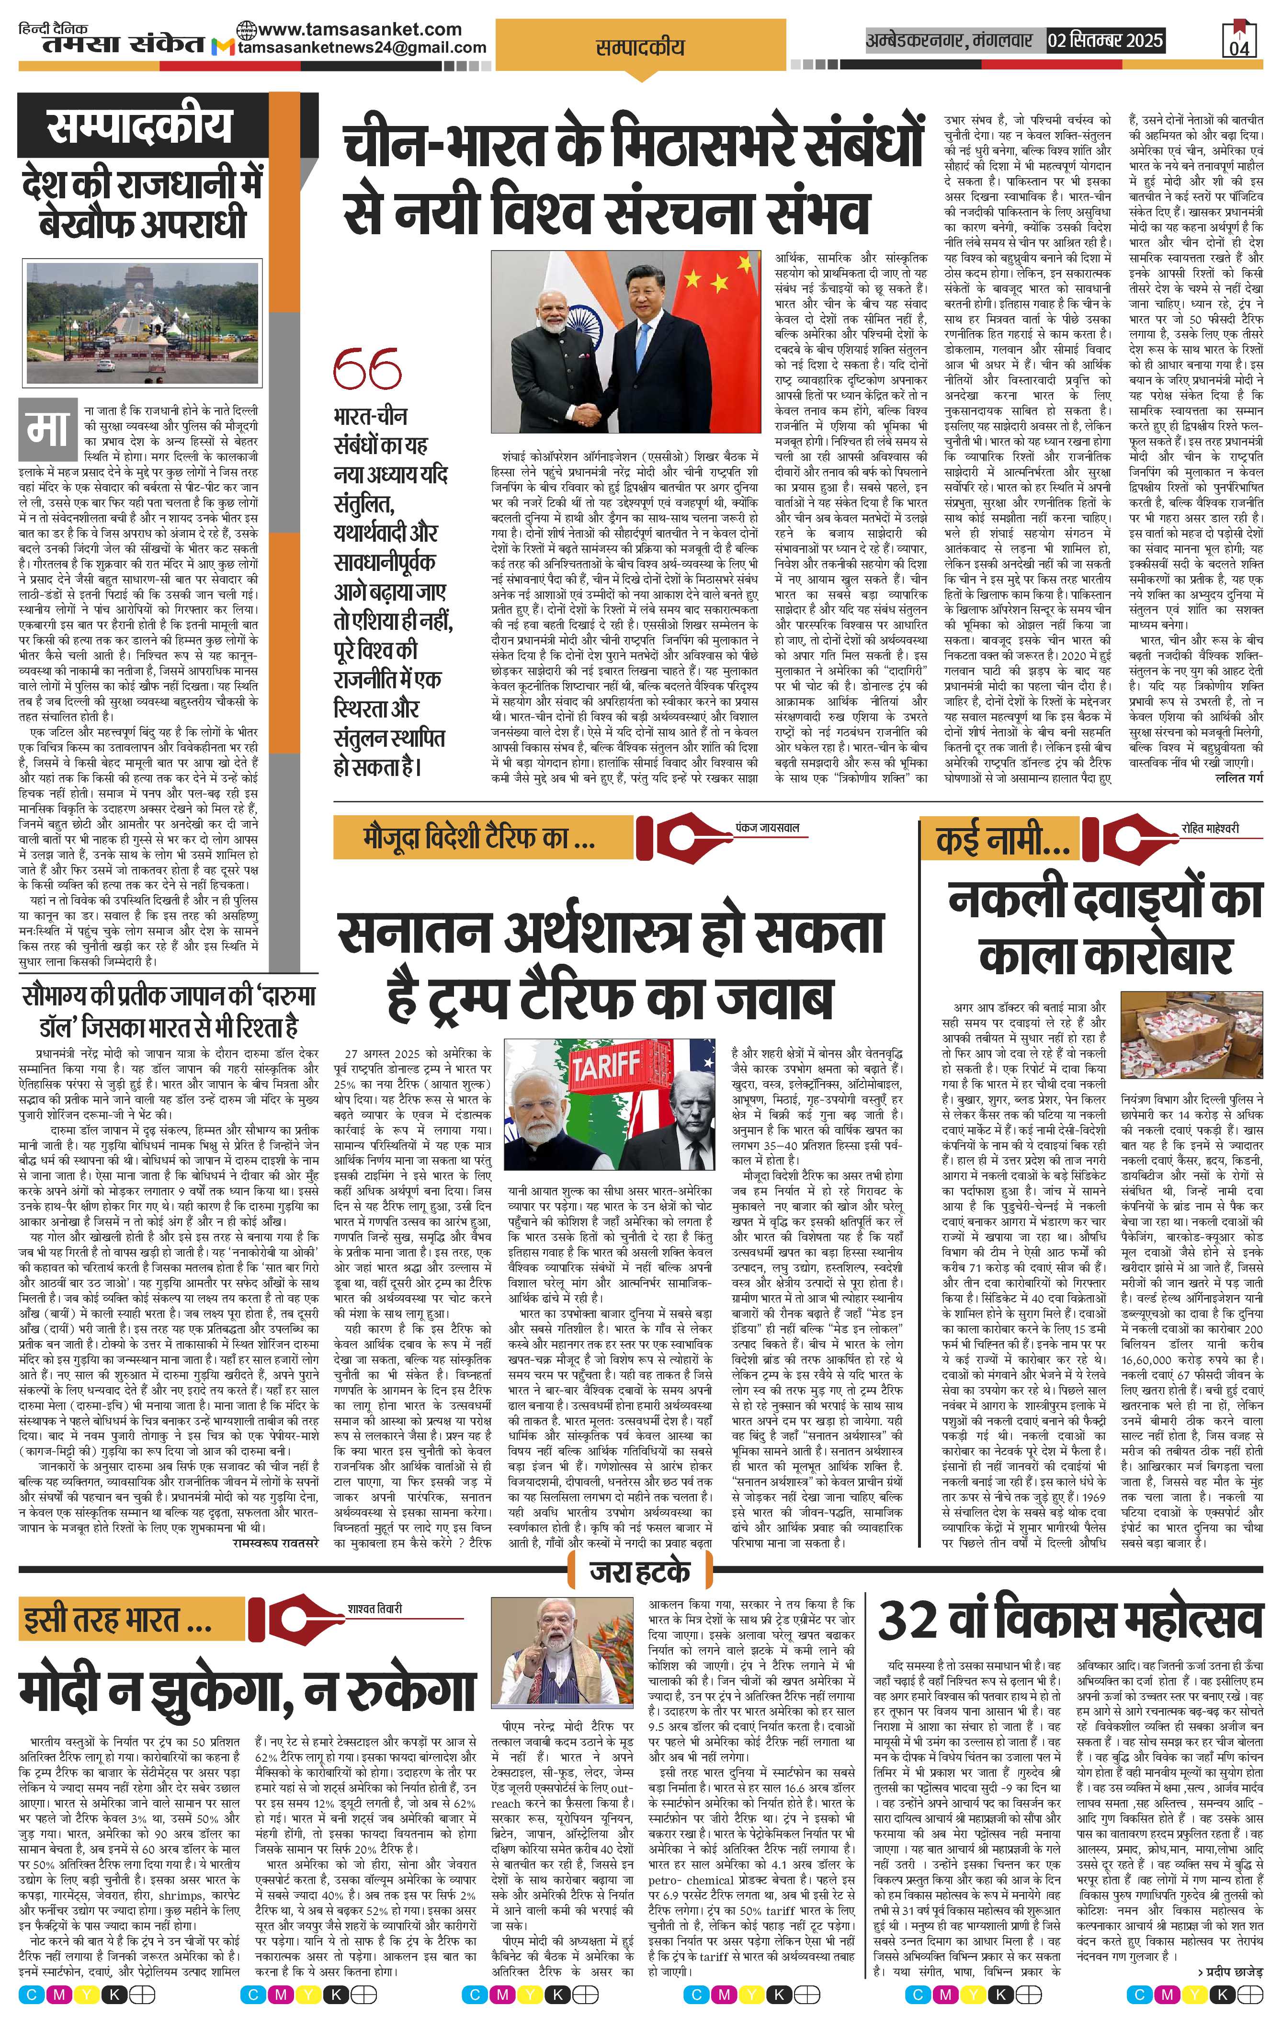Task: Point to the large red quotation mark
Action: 366,370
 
